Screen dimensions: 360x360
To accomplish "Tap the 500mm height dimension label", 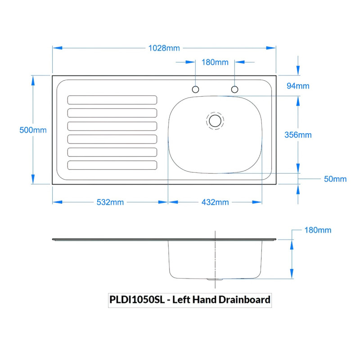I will tap(33, 130).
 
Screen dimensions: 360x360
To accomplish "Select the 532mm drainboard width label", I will tap(110, 202).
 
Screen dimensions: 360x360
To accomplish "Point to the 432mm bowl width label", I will tap(215, 202).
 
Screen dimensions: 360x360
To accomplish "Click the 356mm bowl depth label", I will tap(299, 135).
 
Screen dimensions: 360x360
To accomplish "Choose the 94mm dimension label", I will tap(298, 85).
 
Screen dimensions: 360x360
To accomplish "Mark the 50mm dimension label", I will tap(335, 179).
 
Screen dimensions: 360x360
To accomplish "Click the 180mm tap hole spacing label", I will tap(215, 62).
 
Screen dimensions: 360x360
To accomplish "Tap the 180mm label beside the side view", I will tap(318, 230).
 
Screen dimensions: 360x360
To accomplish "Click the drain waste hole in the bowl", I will tap(215, 121).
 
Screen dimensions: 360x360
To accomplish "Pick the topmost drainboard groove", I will tap(112, 100).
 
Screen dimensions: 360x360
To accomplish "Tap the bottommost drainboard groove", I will tap(112, 165).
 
